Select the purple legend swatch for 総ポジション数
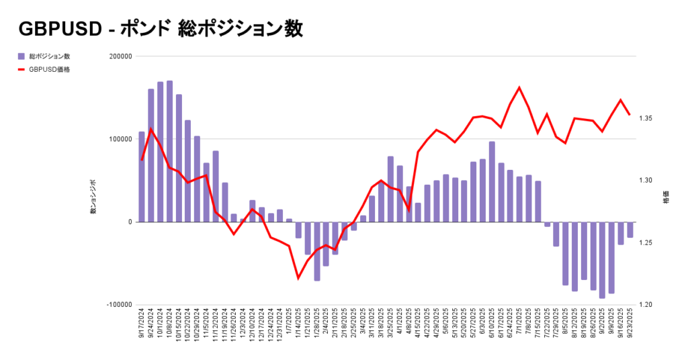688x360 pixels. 21,56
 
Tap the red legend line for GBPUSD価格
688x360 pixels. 21,69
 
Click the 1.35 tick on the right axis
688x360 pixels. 646,119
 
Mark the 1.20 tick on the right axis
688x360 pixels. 646,305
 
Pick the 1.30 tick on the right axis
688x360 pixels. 646,181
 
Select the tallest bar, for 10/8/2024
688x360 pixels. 169,151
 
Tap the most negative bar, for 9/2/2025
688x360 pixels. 603,259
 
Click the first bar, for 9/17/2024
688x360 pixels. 142,177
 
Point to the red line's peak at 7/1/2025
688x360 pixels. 519,88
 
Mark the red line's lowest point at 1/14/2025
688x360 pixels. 298,277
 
